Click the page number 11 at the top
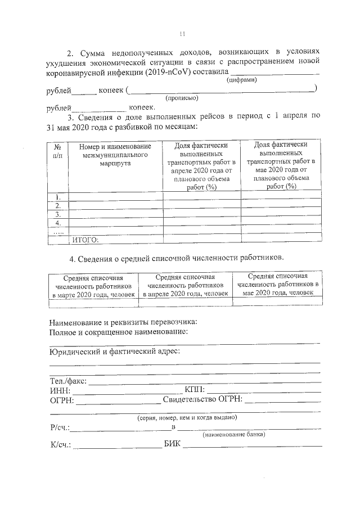182,34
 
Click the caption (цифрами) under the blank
242,80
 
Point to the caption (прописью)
182,98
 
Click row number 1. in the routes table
58,197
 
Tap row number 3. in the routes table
58,214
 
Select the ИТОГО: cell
85,240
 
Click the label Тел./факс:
67,381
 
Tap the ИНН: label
60,390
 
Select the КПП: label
195,390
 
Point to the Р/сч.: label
60,427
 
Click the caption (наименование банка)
233,435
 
